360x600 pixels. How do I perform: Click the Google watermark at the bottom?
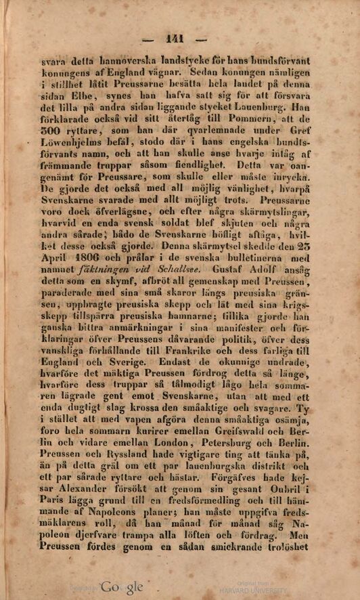122,587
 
